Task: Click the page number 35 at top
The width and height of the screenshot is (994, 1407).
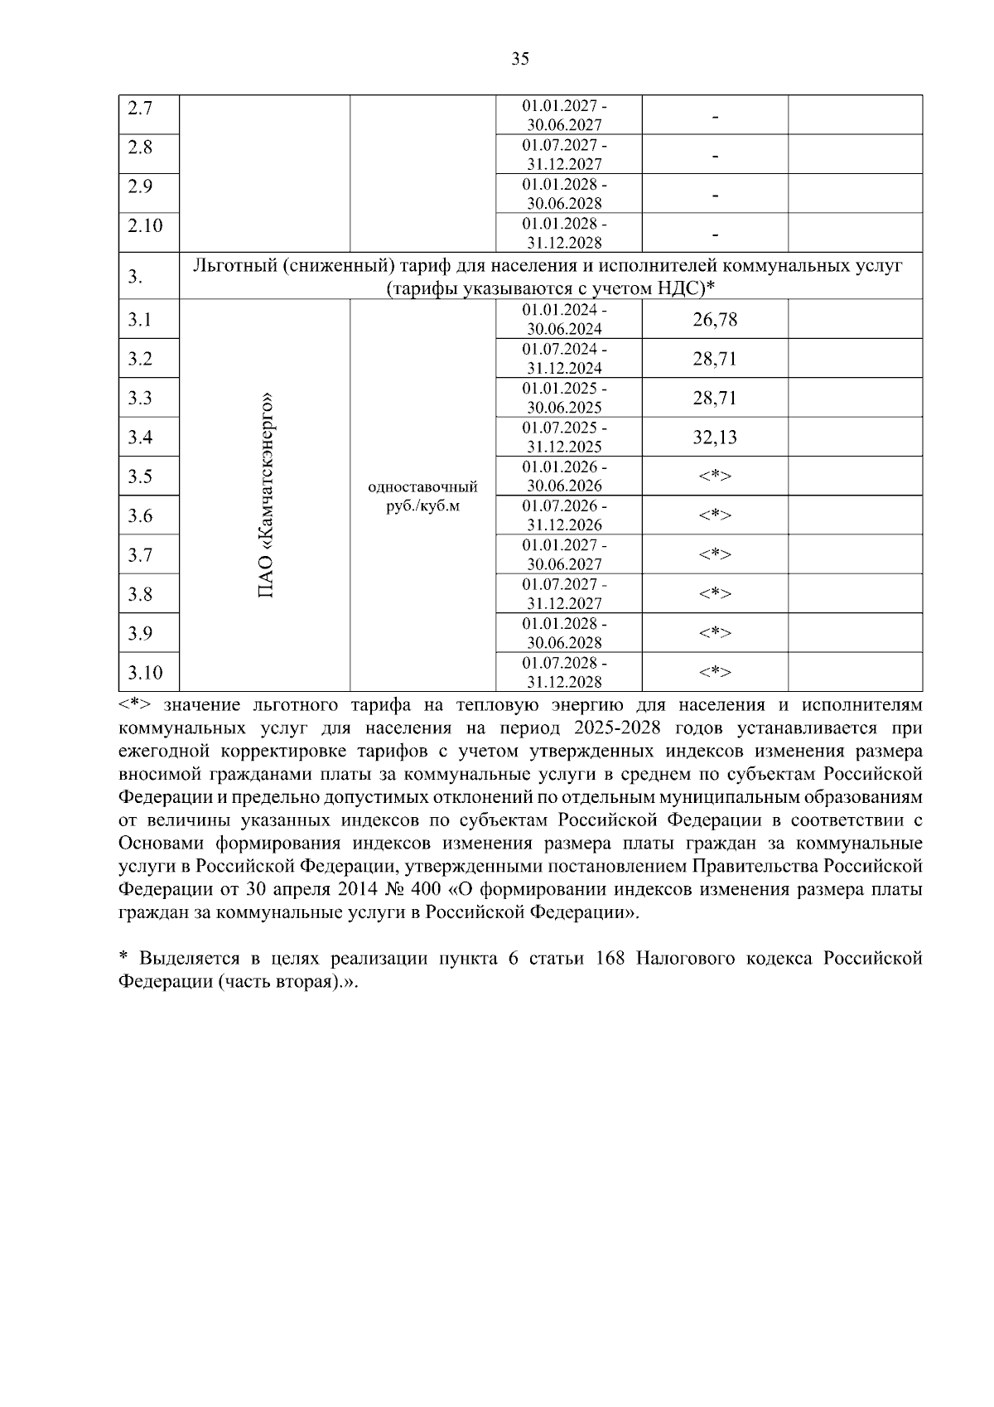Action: point(520,58)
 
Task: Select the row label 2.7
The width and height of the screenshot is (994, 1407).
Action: point(140,109)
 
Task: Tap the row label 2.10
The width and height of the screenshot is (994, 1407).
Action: point(145,225)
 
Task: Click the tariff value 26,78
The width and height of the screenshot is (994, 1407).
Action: point(715,320)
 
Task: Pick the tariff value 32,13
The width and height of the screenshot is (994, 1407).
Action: point(715,438)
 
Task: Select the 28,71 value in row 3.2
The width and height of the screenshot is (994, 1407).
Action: point(715,359)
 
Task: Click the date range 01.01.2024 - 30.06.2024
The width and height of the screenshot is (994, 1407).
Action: point(564,319)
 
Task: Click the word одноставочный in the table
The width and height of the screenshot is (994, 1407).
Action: point(422,486)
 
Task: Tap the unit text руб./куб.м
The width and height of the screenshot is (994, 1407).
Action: point(422,505)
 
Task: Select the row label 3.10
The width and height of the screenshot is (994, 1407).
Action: point(145,672)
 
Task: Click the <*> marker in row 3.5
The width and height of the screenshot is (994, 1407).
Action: point(715,476)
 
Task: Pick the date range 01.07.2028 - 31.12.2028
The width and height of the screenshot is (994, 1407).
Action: point(564,672)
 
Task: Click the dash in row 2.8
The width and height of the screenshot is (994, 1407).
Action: point(715,156)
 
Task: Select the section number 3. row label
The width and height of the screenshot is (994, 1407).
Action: point(135,277)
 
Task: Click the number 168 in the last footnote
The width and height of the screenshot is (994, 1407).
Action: point(612,959)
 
